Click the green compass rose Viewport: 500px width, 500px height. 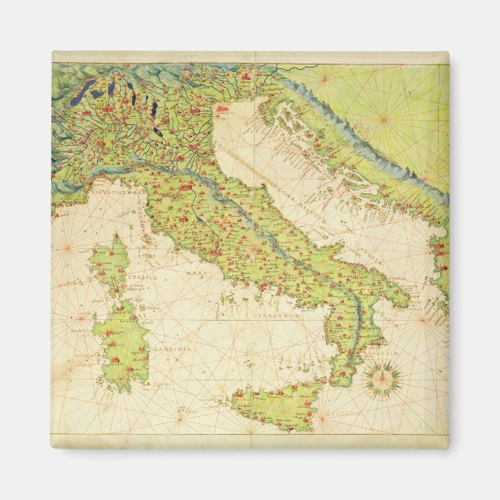(x=382, y=380)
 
